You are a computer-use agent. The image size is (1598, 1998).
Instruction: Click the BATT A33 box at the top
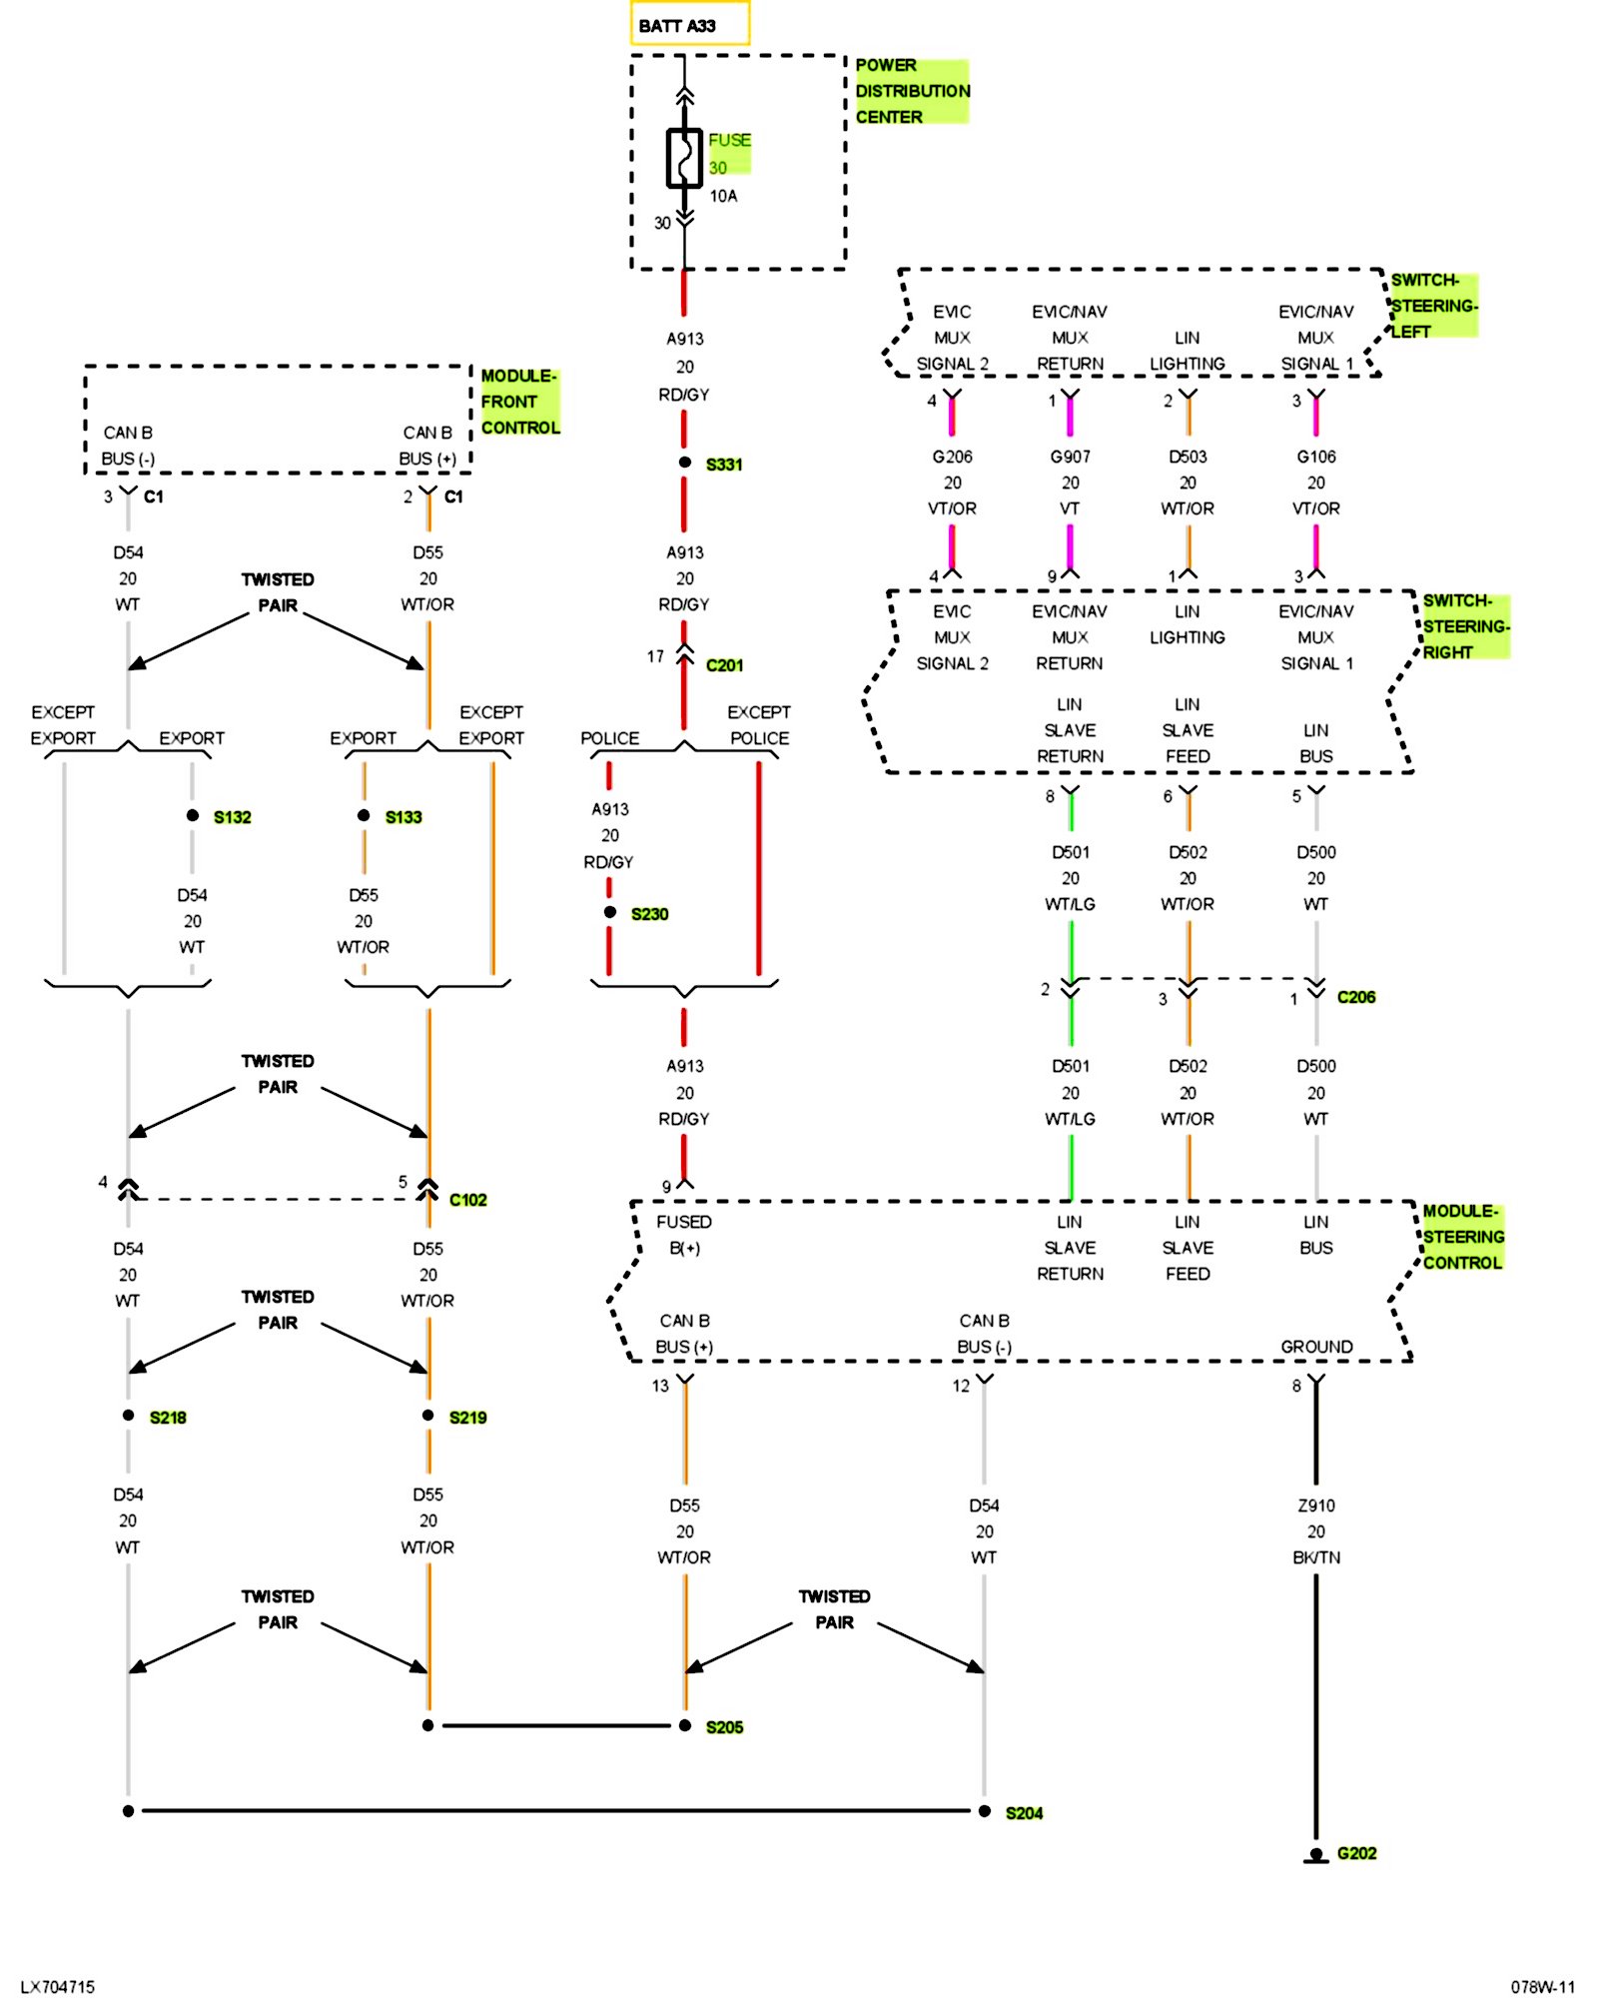pyautogui.click(x=689, y=25)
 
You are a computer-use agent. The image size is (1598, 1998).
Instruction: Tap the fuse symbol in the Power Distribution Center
pyautogui.click(x=684, y=158)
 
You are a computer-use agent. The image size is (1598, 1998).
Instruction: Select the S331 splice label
pyautogui.click(x=724, y=465)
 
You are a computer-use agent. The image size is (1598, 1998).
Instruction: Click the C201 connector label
pyautogui.click(x=724, y=665)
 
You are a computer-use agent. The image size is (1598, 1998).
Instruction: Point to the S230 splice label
pyautogui.click(x=649, y=914)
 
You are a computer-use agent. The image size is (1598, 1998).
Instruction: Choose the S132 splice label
pyautogui.click(x=232, y=817)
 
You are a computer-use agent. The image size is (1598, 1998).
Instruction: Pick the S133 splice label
pyautogui.click(x=403, y=817)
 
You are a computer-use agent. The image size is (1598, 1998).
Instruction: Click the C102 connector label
pyautogui.click(x=467, y=1200)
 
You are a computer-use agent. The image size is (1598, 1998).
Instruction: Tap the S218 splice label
pyautogui.click(x=168, y=1418)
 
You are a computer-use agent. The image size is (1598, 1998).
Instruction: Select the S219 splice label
pyautogui.click(x=467, y=1418)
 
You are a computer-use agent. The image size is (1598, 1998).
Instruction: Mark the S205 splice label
pyautogui.click(x=724, y=1727)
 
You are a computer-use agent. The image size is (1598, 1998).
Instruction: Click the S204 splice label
pyautogui.click(x=1024, y=1813)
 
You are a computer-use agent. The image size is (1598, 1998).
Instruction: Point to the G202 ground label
pyautogui.click(x=1356, y=1853)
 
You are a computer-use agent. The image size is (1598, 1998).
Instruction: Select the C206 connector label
pyautogui.click(x=1356, y=997)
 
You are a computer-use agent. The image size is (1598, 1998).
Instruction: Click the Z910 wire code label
pyautogui.click(x=1316, y=1505)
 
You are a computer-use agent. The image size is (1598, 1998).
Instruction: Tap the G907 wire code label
pyautogui.click(x=1070, y=457)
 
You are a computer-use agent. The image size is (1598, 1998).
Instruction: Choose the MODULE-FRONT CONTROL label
pyautogui.click(x=519, y=402)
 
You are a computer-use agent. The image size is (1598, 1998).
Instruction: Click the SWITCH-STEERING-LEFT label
pyautogui.click(x=1433, y=306)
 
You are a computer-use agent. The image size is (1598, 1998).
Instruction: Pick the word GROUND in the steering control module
pyautogui.click(x=1316, y=1347)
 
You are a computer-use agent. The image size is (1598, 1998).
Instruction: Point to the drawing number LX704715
pyautogui.click(x=58, y=1987)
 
